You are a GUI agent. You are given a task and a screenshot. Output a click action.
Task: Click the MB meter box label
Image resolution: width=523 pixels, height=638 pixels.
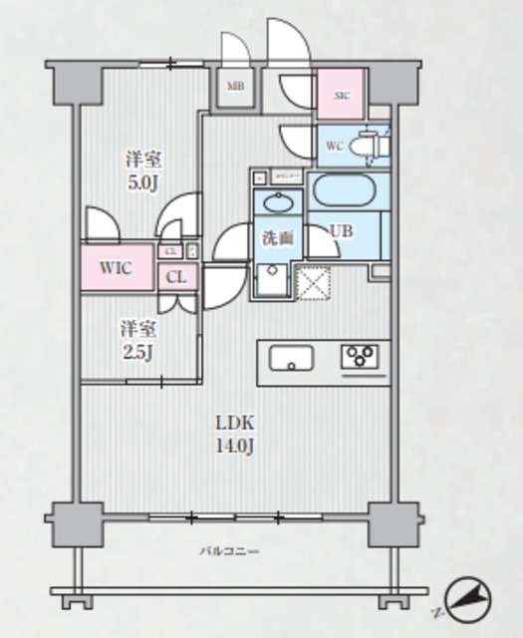click(235, 87)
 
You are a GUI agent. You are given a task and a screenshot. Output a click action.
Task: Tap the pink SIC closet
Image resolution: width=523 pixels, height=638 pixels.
click(342, 96)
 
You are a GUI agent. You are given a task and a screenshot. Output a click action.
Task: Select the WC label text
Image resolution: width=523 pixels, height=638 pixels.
click(335, 147)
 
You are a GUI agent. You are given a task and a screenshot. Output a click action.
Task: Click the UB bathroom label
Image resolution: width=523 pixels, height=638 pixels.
click(342, 231)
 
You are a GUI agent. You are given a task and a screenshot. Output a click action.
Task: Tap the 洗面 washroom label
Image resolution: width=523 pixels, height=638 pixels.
click(278, 238)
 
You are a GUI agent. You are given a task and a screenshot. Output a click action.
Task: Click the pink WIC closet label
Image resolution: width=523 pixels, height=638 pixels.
click(117, 267)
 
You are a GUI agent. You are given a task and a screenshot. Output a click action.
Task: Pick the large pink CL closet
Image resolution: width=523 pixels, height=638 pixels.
click(176, 277)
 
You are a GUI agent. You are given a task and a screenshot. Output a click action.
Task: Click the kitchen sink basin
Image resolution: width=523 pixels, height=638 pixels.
click(291, 357)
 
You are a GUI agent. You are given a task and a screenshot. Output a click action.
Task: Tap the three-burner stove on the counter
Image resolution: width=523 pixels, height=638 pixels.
click(360, 357)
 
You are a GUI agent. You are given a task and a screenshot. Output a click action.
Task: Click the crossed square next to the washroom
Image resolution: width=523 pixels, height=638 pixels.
click(313, 283)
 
